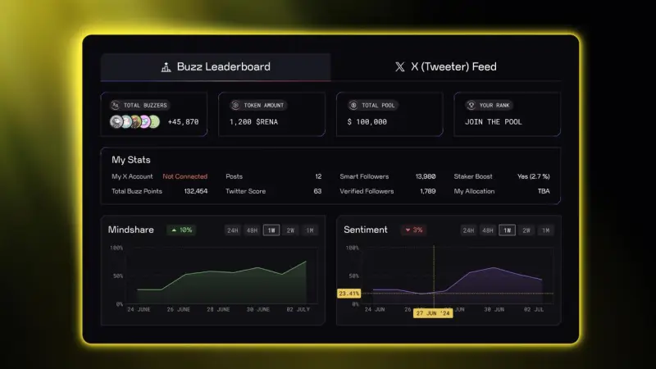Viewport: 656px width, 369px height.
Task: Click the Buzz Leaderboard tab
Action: click(x=216, y=66)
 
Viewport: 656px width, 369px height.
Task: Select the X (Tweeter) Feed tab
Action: click(x=445, y=66)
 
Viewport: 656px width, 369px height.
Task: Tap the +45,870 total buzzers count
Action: click(x=183, y=122)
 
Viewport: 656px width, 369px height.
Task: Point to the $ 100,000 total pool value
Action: click(x=367, y=122)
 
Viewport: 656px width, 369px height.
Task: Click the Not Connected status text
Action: click(x=184, y=176)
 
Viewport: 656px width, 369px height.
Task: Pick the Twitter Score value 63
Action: click(x=317, y=191)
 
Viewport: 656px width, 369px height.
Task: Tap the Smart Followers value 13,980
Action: click(x=425, y=176)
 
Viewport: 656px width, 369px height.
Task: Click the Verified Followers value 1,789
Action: click(x=427, y=191)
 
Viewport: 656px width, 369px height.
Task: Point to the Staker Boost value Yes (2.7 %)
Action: click(x=534, y=176)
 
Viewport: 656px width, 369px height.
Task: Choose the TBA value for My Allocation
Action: click(x=544, y=191)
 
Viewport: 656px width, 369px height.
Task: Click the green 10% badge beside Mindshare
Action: click(x=182, y=230)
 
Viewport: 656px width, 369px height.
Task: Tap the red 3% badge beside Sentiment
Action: click(x=413, y=230)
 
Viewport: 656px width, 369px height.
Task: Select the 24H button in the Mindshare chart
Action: click(x=232, y=230)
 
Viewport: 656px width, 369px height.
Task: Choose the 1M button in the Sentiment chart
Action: click(x=546, y=230)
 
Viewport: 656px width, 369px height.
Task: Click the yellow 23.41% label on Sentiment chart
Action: click(x=348, y=293)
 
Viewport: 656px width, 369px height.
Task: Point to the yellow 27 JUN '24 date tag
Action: click(x=434, y=313)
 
